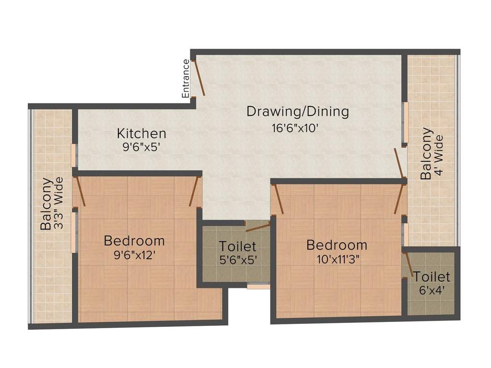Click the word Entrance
pyautogui.click(x=186, y=78)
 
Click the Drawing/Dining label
pyautogui.click(x=297, y=112)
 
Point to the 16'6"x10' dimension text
pyautogui.click(x=296, y=128)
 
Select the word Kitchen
pyautogui.click(x=142, y=133)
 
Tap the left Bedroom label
pyautogui.click(x=134, y=241)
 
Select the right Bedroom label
pyautogui.click(x=337, y=245)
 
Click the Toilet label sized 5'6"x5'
pyautogui.click(x=237, y=247)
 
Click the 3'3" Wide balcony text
pyautogui.click(x=58, y=204)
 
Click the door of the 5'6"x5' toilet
pyautogui.click(x=258, y=227)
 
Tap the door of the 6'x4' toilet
pyautogui.click(x=409, y=265)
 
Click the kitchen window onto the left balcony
pyautogui.click(x=74, y=155)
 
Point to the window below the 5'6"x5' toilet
pyautogui.click(x=258, y=287)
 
